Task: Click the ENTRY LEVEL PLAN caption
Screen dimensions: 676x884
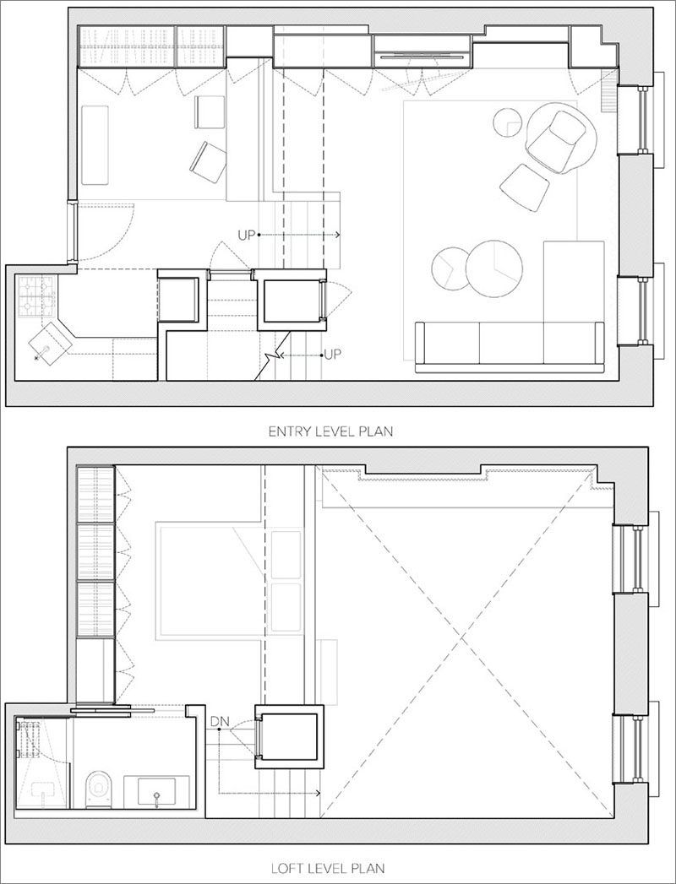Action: tap(330, 431)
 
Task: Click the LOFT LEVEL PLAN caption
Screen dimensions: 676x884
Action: tap(328, 868)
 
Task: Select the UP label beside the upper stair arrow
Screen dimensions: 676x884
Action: tap(247, 235)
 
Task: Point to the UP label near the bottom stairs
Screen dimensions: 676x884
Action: tap(332, 355)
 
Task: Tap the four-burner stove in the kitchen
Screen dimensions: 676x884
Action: tap(36, 296)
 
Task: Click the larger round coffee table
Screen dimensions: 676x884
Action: tap(494, 268)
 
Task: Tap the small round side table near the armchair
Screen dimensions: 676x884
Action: tap(507, 122)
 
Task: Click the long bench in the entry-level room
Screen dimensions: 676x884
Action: tap(95, 145)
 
